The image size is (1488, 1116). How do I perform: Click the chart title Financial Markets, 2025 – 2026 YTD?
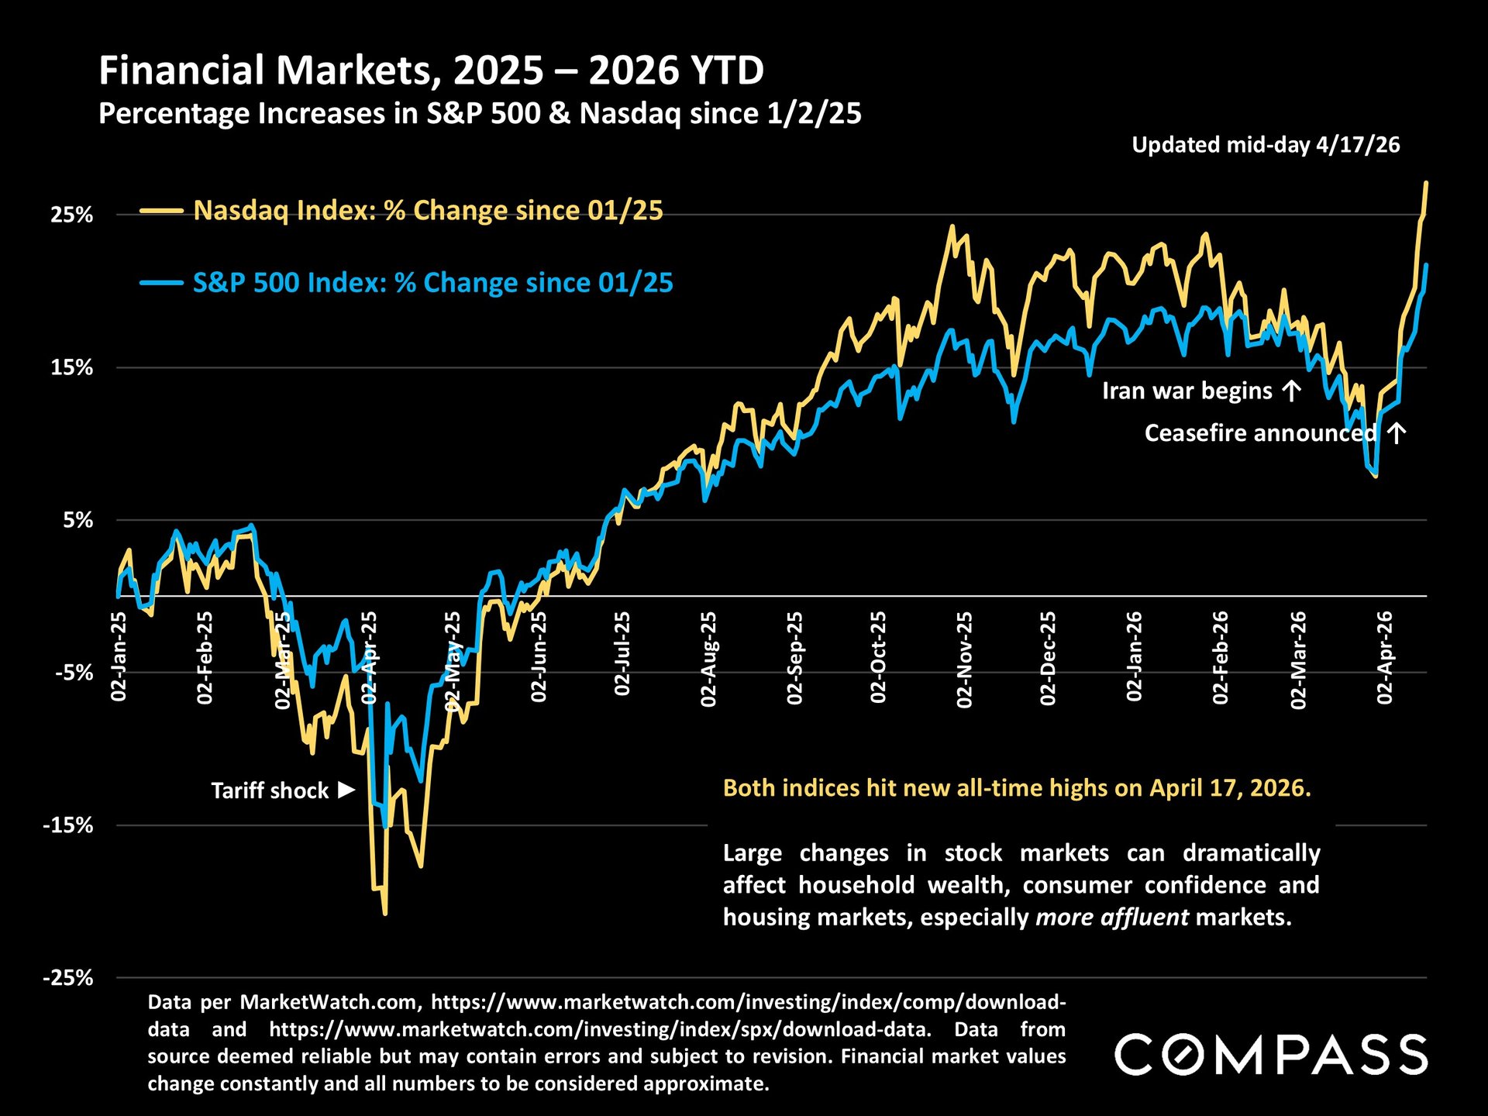(431, 71)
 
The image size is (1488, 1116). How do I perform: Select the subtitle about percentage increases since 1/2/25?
(480, 114)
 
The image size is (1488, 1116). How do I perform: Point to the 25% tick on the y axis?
(72, 215)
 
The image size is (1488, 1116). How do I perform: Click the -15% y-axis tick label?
(67, 825)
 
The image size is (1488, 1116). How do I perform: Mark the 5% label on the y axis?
(77, 520)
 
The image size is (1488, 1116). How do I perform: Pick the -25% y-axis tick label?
(67, 978)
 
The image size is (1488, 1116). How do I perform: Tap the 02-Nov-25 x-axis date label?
(964, 659)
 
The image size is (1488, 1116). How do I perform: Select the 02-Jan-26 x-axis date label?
(1135, 656)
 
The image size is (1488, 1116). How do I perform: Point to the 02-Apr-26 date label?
(1385, 657)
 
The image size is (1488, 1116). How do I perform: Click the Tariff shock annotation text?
(270, 790)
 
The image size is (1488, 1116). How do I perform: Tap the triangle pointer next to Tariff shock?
(346, 790)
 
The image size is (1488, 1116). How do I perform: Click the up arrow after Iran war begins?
(1291, 391)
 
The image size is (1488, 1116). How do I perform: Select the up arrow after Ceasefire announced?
(1396, 432)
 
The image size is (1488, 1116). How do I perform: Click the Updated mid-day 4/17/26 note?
(1266, 145)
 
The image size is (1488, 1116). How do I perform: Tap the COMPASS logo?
(1271, 1055)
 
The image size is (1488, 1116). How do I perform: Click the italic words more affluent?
(1111, 918)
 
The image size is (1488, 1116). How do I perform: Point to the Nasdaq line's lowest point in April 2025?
(385, 914)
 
